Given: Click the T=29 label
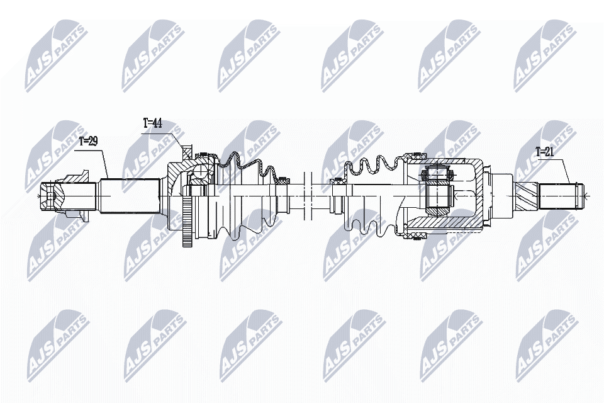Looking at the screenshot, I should (89, 142).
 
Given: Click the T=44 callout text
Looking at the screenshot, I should (152, 123).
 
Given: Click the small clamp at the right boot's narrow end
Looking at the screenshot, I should (338, 181).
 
